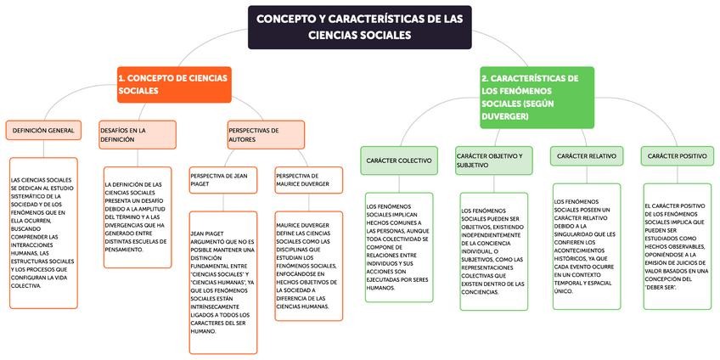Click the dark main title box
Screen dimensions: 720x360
[x=359, y=26]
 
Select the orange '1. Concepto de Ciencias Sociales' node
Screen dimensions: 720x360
[x=173, y=84]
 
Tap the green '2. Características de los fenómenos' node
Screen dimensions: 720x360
[x=532, y=98]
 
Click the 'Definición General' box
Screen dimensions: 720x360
[x=42, y=132]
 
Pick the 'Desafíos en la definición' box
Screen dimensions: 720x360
[x=137, y=134]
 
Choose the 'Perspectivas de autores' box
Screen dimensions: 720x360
[x=264, y=135]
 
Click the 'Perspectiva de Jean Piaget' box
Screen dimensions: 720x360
[x=222, y=180]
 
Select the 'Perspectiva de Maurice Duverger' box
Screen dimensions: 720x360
[x=308, y=180]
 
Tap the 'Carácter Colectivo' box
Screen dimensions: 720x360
[x=398, y=160]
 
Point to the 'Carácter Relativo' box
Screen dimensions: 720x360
[x=587, y=156]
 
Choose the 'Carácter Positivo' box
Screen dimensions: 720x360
[x=677, y=156]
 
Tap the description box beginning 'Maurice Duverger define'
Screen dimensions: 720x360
[x=308, y=266]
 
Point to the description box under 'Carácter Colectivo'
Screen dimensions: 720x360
[x=398, y=247]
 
